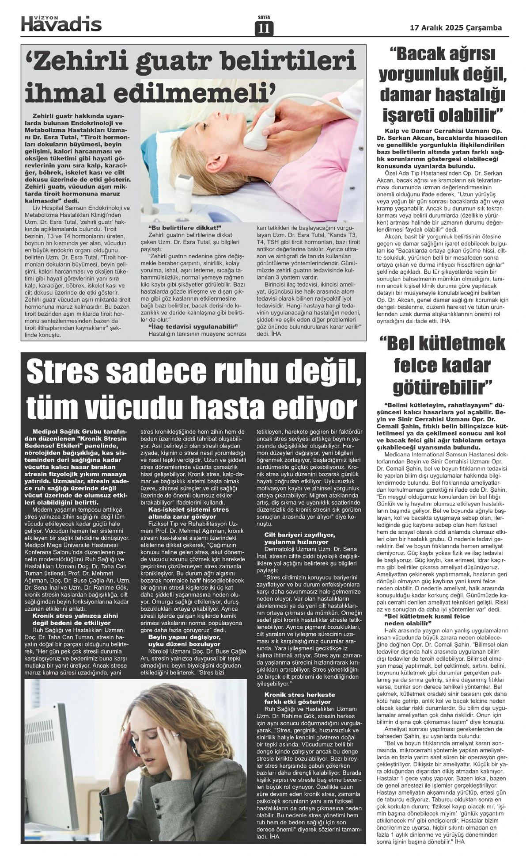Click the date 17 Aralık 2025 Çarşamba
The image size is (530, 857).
click(x=456, y=27)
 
